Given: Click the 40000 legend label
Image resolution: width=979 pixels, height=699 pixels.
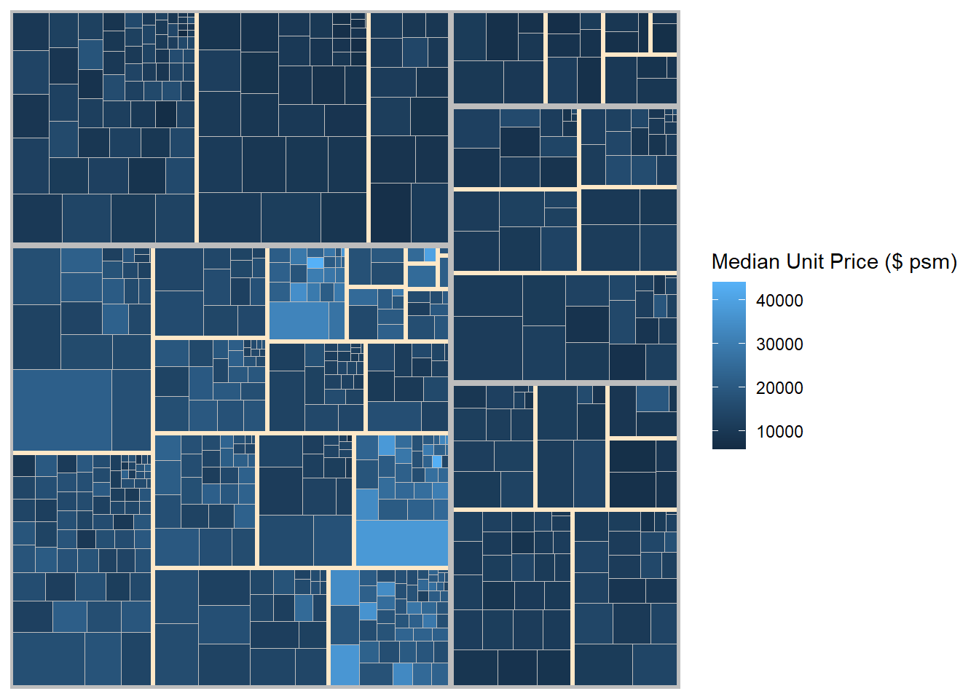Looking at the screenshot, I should point(779,301).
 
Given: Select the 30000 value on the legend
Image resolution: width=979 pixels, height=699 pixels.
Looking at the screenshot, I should point(779,344).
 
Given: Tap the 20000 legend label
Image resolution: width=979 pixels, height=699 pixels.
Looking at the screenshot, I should point(779,388).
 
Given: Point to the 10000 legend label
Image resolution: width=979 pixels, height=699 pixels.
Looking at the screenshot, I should point(779,432).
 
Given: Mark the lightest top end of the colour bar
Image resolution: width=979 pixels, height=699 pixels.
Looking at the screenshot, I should point(729,285).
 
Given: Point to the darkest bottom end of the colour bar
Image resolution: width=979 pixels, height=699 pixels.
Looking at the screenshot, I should point(729,446).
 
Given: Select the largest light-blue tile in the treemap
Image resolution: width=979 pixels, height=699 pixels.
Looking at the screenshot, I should point(401,542).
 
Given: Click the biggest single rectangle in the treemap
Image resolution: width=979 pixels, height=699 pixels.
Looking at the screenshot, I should point(62,410).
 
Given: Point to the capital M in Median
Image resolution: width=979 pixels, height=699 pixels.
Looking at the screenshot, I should point(720,262).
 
